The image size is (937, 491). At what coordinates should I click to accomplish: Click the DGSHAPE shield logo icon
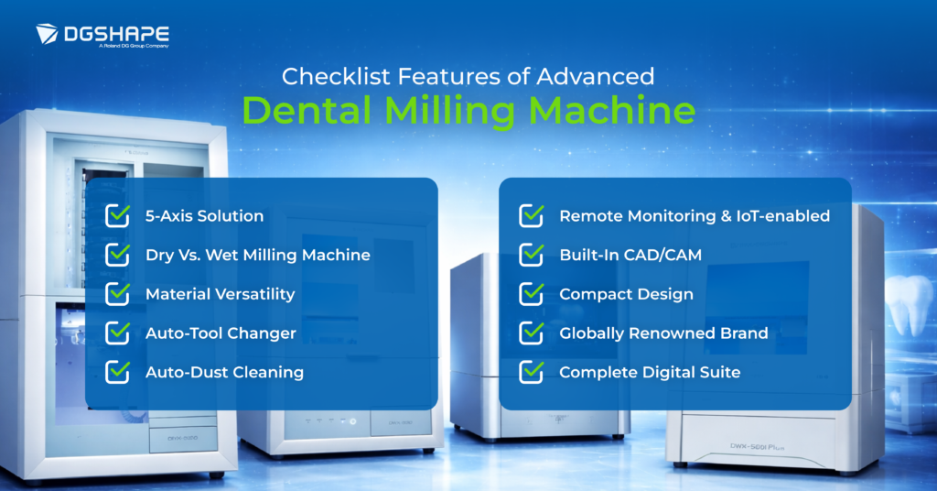point(48,35)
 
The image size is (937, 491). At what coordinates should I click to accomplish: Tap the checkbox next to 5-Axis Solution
point(118,216)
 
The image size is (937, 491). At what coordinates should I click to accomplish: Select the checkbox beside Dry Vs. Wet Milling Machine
point(118,255)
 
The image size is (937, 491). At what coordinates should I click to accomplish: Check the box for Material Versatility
point(118,294)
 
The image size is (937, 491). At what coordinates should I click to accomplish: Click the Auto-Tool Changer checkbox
point(118,333)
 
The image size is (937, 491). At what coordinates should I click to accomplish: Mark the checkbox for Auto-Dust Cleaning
point(118,372)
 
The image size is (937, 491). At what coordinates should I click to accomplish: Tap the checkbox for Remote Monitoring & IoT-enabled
point(532,216)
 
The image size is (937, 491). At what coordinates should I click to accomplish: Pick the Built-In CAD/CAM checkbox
point(532,255)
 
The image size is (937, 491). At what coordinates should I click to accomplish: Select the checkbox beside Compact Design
point(532,294)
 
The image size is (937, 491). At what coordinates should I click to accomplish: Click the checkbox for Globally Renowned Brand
point(532,333)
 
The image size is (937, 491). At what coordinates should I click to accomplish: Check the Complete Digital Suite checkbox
point(532,372)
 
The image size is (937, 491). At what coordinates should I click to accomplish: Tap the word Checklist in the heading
point(325,74)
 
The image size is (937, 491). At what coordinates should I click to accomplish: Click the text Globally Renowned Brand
point(663,333)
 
